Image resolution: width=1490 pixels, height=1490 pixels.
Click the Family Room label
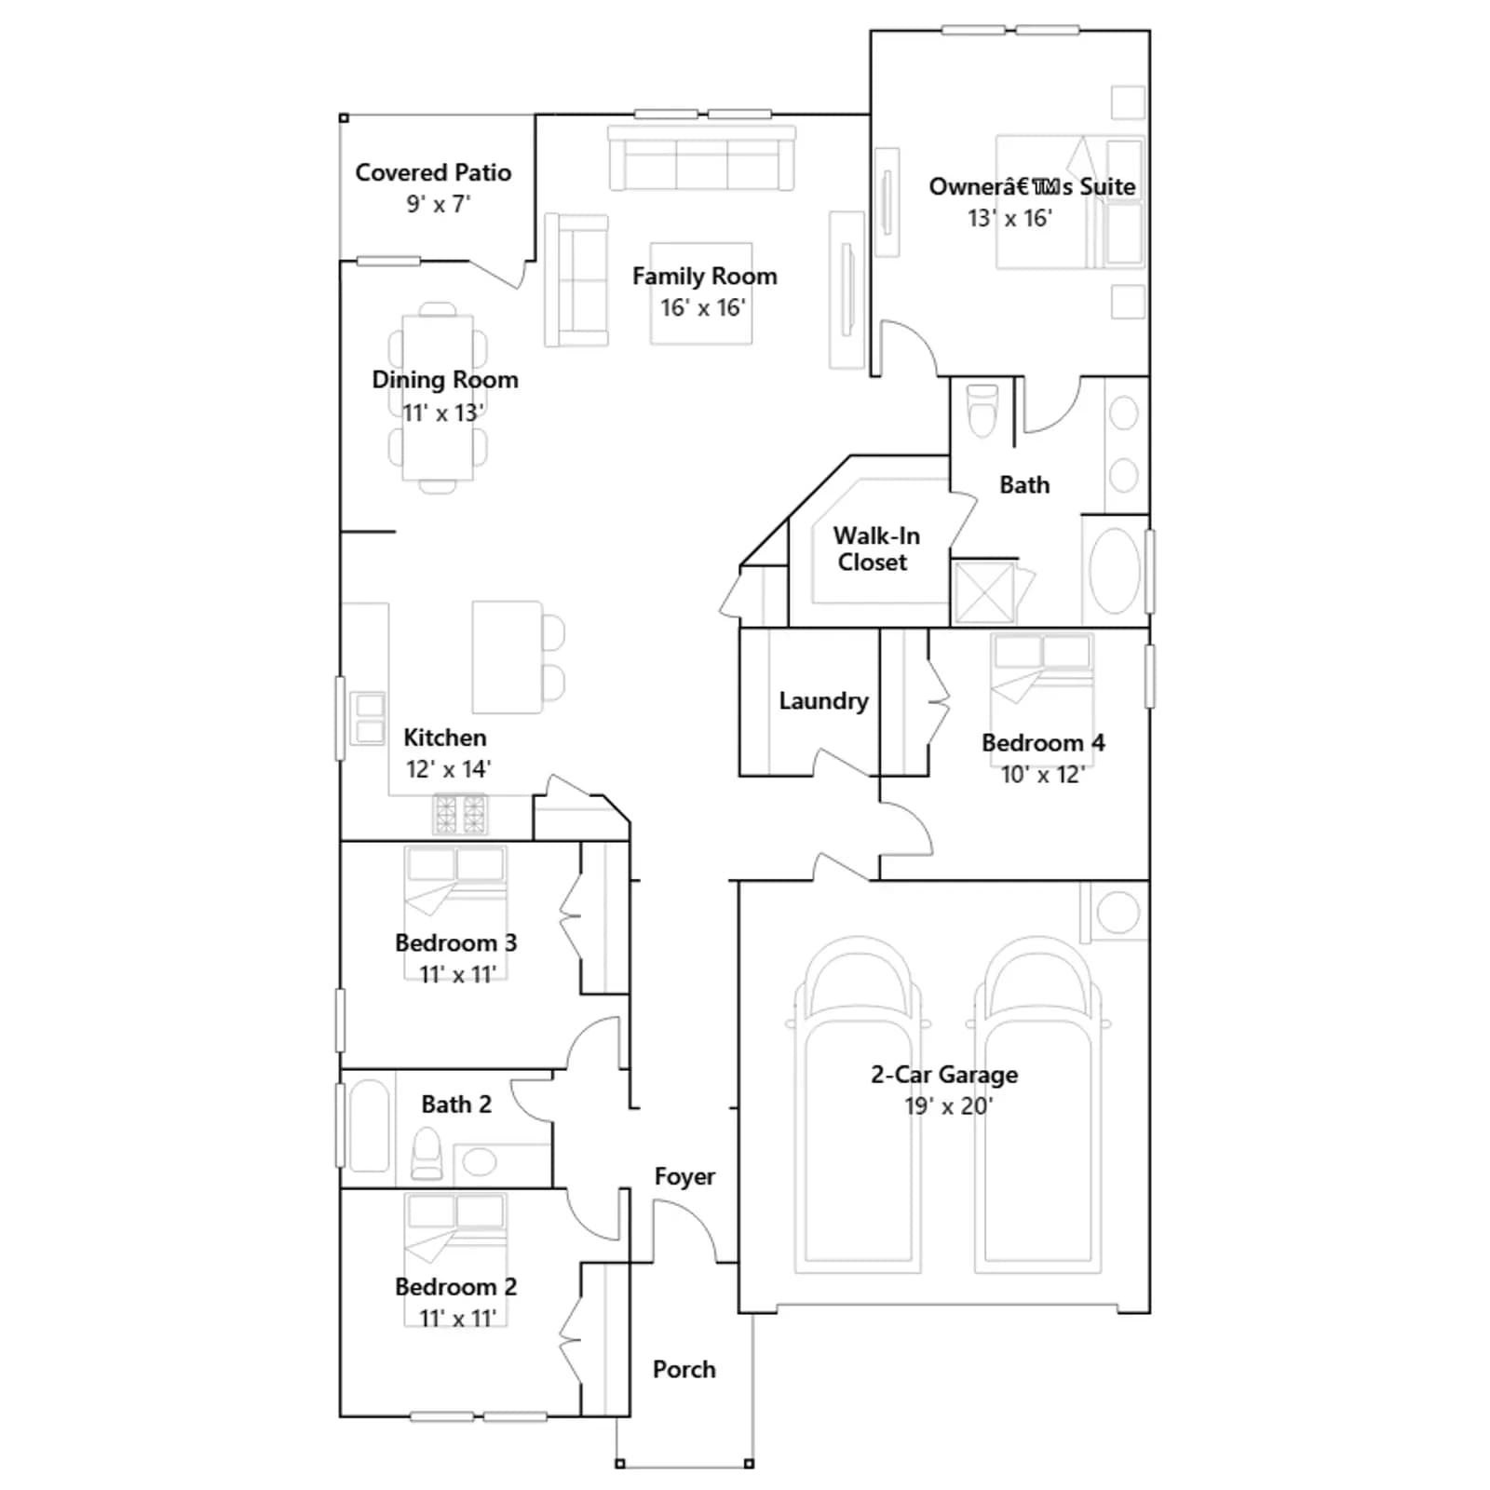(x=704, y=277)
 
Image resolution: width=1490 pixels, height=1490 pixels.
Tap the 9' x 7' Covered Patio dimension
(x=439, y=204)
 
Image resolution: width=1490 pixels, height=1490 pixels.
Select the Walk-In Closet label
(x=875, y=549)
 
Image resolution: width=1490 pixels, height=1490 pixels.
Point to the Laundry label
(x=823, y=700)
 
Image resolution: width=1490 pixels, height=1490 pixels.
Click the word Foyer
(x=684, y=1176)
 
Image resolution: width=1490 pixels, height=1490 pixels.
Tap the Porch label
(x=684, y=1369)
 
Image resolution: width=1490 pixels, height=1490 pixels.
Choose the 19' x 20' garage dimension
(x=948, y=1106)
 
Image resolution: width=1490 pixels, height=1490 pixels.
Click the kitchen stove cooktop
(x=460, y=814)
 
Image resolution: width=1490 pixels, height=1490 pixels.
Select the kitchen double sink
(x=368, y=718)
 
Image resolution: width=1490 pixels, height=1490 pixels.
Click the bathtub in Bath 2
(x=369, y=1125)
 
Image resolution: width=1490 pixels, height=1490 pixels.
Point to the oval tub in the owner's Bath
(x=1114, y=569)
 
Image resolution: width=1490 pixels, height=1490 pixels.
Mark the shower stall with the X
(x=984, y=590)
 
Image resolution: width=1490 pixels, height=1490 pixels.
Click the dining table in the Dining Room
(x=438, y=398)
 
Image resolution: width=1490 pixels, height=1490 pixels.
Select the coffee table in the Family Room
(x=701, y=293)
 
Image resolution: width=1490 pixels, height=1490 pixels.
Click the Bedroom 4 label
(x=1043, y=743)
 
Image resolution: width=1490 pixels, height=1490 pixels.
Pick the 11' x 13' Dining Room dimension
(x=442, y=413)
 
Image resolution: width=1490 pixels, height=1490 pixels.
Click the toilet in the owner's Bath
(x=982, y=410)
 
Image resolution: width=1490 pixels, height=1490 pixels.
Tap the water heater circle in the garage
(x=1117, y=913)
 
